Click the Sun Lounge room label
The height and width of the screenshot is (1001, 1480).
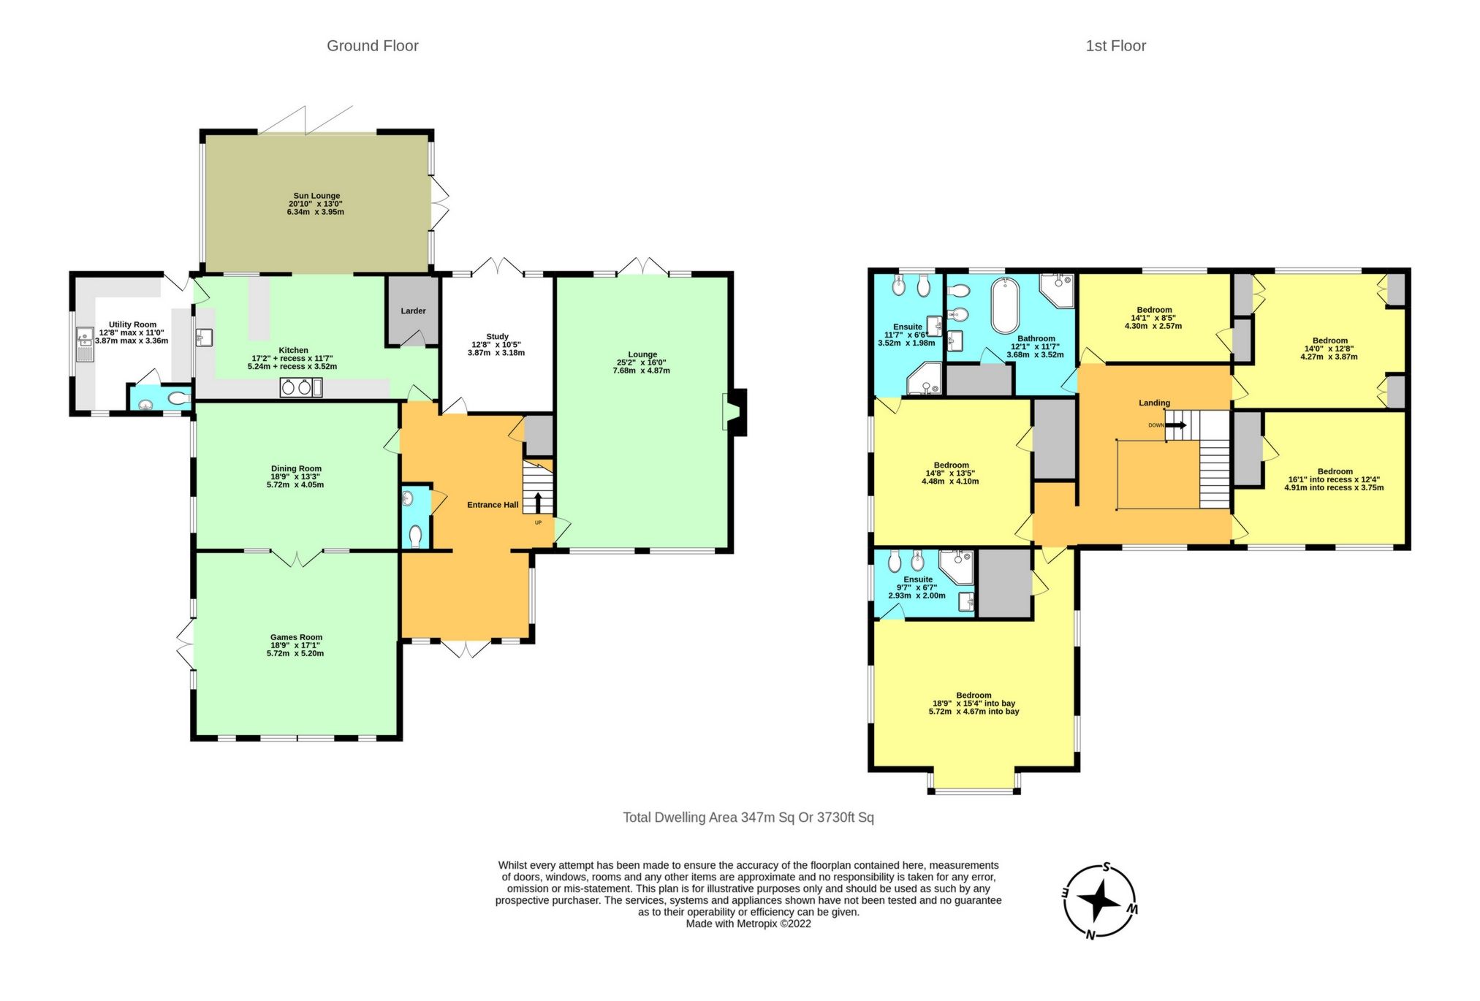coord(316,196)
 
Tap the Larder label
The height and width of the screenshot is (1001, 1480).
coord(413,311)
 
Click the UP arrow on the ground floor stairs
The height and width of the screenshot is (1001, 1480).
coord(539,503)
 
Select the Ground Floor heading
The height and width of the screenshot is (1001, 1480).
coord(372,46)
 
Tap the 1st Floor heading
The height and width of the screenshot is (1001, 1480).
coord(1115,46)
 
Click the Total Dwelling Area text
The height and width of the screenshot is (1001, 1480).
coord(748,818)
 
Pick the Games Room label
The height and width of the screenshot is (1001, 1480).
coord(296,637)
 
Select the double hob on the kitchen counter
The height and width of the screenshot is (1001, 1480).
coord(300,388)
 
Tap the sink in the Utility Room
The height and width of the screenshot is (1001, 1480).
coord(85,344)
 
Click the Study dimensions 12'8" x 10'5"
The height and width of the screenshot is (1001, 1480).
coord(496,345)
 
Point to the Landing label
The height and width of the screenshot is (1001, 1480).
coord(1154,403)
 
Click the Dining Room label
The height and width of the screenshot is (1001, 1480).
coord(296,469)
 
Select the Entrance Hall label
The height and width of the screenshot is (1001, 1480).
coord(493,505)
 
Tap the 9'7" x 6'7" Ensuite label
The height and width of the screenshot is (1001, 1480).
coord(917,587)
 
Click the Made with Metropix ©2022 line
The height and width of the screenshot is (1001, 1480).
coord(748,924)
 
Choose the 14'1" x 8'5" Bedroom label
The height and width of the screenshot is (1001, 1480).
coord(1153,318)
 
